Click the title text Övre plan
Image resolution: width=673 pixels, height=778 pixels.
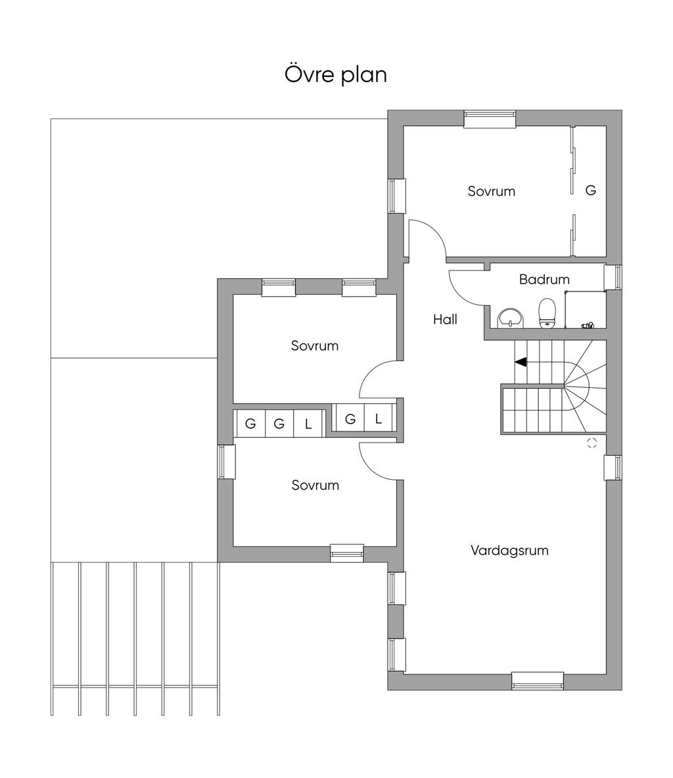336,74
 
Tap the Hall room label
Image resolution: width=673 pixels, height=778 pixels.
445,320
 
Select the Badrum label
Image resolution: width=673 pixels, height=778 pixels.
544,279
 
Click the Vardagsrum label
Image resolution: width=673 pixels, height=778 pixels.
509,550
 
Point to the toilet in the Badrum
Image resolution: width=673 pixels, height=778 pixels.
547,313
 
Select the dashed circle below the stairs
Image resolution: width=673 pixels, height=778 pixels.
592,443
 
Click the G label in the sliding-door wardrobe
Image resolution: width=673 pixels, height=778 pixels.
591,190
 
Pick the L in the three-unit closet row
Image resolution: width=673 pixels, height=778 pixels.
308,424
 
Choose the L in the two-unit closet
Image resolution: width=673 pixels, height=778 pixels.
379,420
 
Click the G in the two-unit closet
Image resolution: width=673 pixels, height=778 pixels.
350,420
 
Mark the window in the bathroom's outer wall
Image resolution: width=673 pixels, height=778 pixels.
613,276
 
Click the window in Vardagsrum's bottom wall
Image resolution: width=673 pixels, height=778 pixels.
538,681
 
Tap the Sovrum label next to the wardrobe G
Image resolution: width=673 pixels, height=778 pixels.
492,192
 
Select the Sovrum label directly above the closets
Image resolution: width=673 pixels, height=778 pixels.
315,346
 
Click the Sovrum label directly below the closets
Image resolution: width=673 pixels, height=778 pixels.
315,485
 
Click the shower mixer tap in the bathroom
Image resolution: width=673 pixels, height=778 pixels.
588,326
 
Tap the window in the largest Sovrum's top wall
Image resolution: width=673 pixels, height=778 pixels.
490,119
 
